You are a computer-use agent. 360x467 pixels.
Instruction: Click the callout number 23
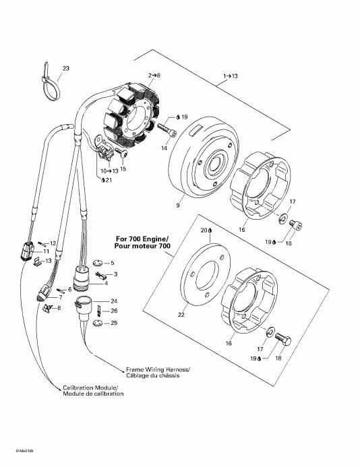(66, 68)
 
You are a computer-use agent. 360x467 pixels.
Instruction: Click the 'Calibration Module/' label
(90, 388)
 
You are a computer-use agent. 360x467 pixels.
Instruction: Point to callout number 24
(114, 301)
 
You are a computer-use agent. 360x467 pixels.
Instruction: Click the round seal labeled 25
(98, 324)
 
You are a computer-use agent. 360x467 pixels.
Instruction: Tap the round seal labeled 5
(96, 262)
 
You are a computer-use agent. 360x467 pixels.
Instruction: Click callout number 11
(47, 251)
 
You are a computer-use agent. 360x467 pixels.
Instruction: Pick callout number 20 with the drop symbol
(206, 230)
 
